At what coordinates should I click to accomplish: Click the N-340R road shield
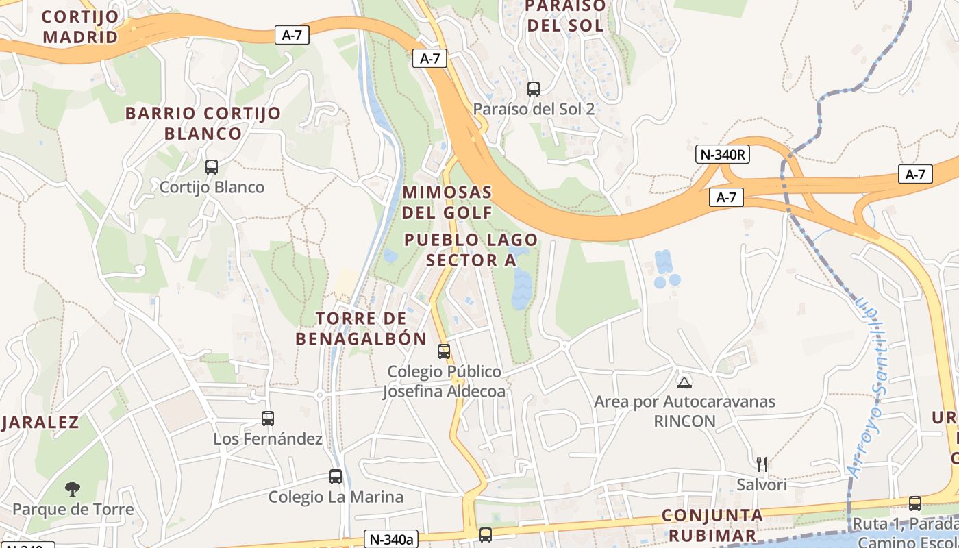click(x=723, y=154)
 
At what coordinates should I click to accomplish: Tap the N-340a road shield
click(x=389, y=539)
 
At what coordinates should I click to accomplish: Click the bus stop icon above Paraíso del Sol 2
click(x=533, y=88)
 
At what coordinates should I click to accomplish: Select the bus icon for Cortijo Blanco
click(x=212, y=166)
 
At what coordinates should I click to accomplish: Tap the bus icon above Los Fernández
click(x=268, y=418)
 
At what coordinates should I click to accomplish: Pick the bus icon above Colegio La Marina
click(x=336, y=476)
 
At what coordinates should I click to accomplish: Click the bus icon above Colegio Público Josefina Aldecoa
click(x=444, y=351)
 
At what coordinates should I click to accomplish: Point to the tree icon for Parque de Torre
click(x=73, y=488)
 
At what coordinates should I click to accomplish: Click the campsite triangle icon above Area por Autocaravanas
click(x=684, y=382)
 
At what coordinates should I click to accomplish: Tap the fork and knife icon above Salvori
click(x=761, y=464)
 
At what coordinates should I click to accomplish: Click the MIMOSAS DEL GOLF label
click(x=447, y=202)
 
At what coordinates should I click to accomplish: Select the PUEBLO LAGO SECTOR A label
click(x=471, y=250)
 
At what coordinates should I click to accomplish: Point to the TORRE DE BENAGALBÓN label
click(x=361, y=328)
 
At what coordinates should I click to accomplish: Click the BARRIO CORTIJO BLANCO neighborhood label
click(x=203, y=123)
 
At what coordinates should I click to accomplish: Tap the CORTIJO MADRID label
click(x=80, y=26)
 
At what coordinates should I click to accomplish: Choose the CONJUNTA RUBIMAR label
click(x=712, y=525)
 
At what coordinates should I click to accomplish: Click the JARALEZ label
click(x=40, y=422)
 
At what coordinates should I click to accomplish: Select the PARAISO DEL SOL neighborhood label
click(x=564, y=16)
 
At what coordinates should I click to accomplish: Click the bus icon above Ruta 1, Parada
click(x=915, y=503)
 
